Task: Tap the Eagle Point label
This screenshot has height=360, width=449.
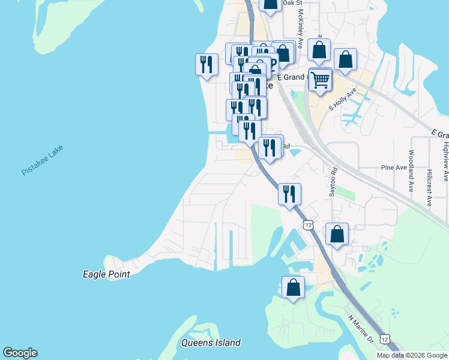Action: click(106, 274)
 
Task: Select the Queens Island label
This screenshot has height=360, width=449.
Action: click(211, 343)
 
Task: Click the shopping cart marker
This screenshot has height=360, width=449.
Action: click(321, 79)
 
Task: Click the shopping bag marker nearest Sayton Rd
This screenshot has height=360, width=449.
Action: click(337, 233)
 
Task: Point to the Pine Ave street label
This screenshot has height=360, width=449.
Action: click(394, 168)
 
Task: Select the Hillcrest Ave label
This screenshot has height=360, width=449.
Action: click(429, 186)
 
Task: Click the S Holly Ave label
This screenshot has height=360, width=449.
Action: click(343, 100)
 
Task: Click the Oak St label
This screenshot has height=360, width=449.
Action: click(292, 4)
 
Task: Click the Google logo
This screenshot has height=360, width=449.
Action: click(20, 353)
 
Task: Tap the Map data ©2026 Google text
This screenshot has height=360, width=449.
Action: click(412, 355)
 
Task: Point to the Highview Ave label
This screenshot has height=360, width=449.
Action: click(445, 160)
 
